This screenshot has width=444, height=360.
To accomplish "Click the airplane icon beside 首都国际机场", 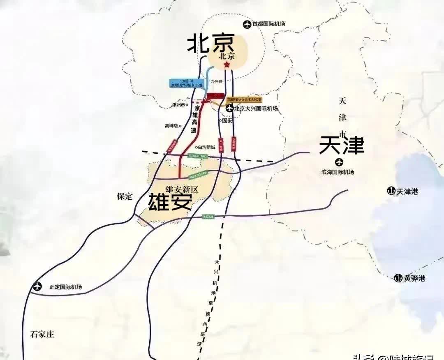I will pyautogui.click(x=247, y=24).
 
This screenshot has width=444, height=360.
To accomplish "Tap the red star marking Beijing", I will pyautogui.click(x=226, y=65).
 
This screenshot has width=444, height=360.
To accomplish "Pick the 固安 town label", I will pyautogui.click(x=227, y=121).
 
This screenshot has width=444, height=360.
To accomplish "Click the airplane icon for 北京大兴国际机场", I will pyautogui.click(x=229, y=108).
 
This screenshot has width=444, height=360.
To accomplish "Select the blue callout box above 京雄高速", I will pyautogui.click(x=186, y=83).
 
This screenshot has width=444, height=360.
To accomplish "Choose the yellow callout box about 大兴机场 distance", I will pyautogui.click(x=244, y=99).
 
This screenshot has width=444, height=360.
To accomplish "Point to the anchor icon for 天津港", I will pyautogui.click(x=391, y=191).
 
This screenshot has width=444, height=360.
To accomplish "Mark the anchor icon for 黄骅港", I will pyautogui.click(x=398, y=278).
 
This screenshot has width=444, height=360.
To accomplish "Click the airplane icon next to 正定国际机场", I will pyautogui.click(x=38, y=286).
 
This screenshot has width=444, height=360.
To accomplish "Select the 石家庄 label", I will pyautogui.click(x=42, y=334).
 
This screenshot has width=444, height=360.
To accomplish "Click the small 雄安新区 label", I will pyautogui.click(x=182, y=189).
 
